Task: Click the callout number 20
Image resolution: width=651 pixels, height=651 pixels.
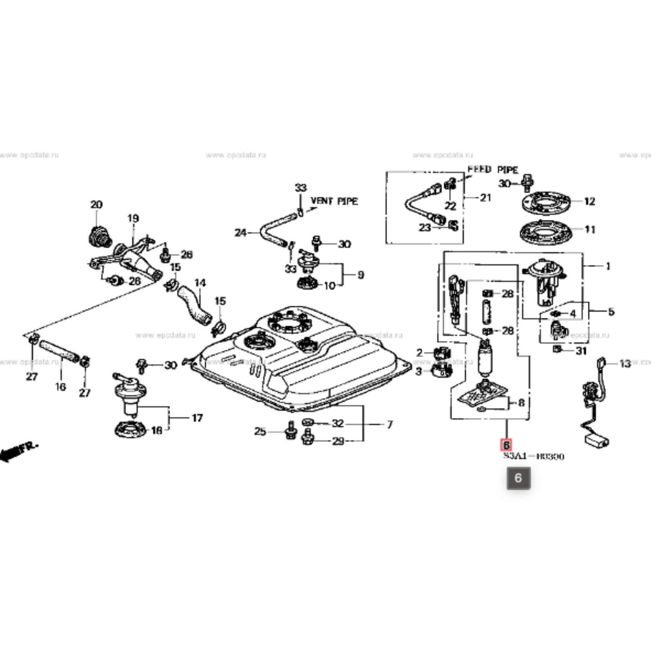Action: coord(96,205)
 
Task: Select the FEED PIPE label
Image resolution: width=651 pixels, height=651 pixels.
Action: coord(493,170)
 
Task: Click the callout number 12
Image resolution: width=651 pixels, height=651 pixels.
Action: coord(589,202)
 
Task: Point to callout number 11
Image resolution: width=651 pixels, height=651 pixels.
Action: coord(589,230)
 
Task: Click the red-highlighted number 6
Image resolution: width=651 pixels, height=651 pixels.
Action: coord(507,445)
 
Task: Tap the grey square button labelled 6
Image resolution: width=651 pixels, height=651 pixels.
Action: coord(517,478)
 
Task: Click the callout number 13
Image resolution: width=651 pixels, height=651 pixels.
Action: coord(625,364)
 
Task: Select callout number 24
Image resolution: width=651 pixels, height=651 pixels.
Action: coord(240,233)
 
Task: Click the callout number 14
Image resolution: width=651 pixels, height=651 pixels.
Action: coord(200,282)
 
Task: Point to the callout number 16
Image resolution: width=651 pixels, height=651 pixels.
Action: coord(61,386)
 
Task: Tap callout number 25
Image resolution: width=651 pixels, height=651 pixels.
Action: coord(259,432)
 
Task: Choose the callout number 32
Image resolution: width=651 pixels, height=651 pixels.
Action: coord(338,423)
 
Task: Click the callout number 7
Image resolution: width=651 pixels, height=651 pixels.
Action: coord(390,424)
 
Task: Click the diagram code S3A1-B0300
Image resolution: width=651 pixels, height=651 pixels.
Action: coord(534,456)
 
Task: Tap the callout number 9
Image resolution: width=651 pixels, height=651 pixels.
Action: coord(360,275)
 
